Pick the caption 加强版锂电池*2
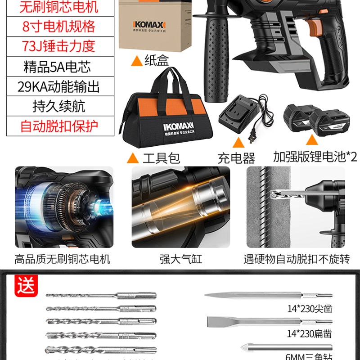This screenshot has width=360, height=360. click(315, 157)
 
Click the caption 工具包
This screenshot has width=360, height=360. click(161, 158)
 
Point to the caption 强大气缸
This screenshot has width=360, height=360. click(180, 259)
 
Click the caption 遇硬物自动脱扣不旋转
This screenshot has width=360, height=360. click(296, 259)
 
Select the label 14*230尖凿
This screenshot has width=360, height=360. click(310, 309)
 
